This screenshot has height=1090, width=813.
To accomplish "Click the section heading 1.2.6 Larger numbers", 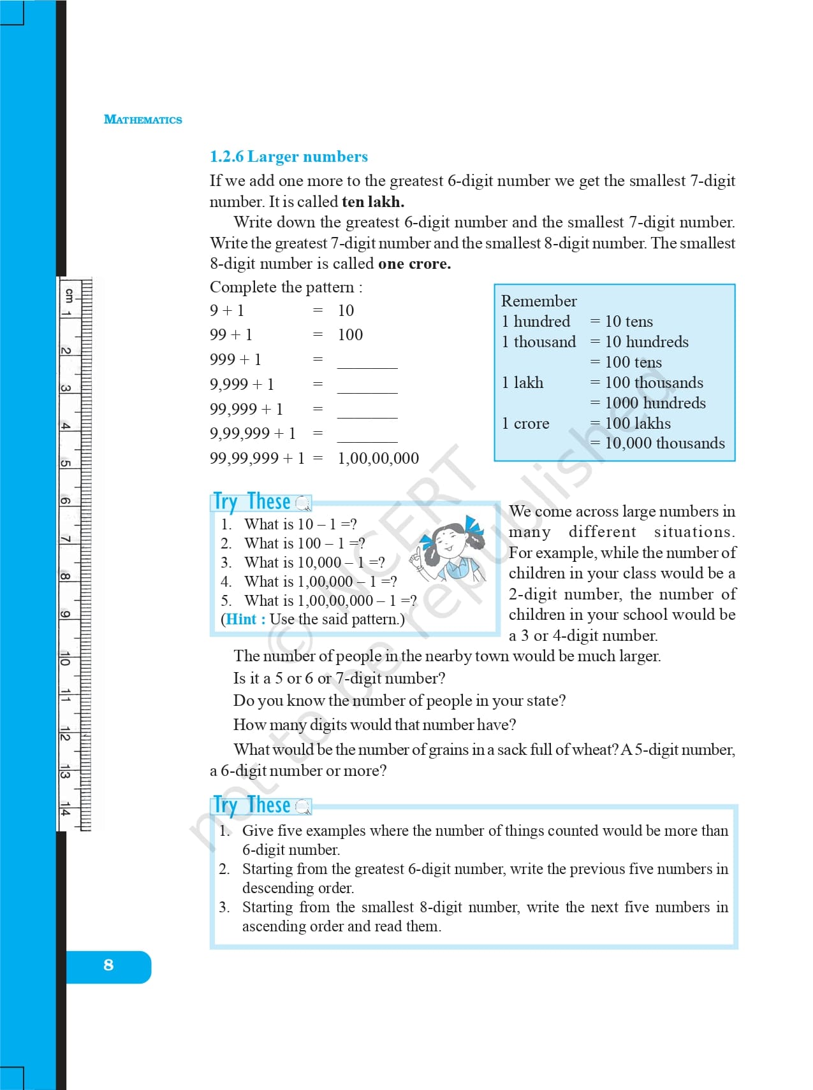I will [289, 157].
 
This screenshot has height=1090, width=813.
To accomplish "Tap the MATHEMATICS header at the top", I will [143, 120].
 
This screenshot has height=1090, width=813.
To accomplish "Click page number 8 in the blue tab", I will [108, 965].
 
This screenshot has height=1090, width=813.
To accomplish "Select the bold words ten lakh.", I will [373, 202].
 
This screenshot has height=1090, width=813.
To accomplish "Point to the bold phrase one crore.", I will [414, 264].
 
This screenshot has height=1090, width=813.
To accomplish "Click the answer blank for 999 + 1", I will [367, 361].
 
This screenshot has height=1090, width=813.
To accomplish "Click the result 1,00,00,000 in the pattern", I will [378, 459].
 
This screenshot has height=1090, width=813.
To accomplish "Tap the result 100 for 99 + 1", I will [350, 335].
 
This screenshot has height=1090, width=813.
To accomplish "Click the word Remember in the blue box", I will [539, 301].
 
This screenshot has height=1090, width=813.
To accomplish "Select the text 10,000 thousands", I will [664, 443].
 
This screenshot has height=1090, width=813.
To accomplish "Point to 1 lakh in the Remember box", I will [523, 383].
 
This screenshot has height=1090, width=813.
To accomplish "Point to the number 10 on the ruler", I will [65, 659].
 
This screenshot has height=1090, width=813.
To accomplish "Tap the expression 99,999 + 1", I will [246, 410].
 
